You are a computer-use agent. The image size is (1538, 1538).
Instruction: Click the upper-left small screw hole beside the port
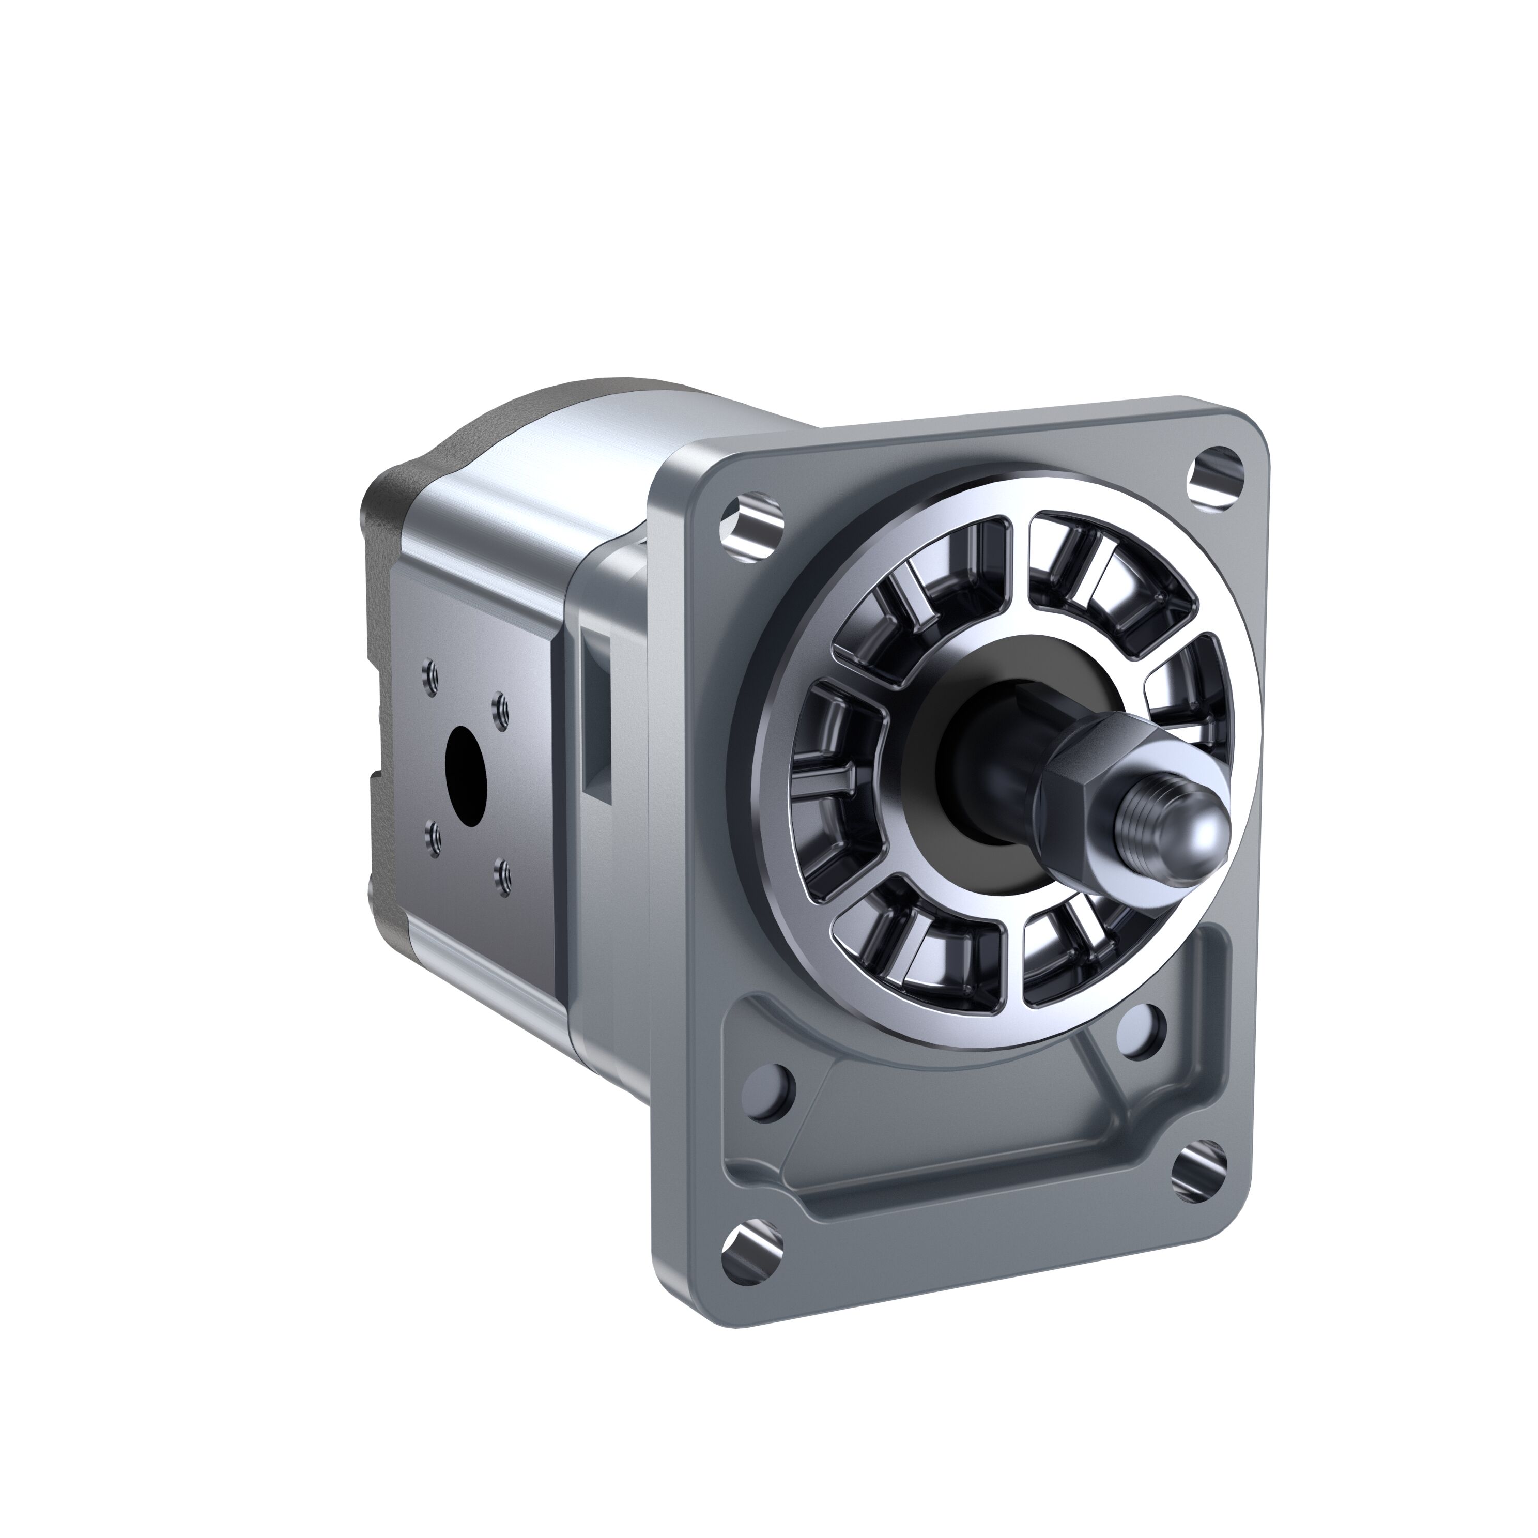[x=430, y=675]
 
